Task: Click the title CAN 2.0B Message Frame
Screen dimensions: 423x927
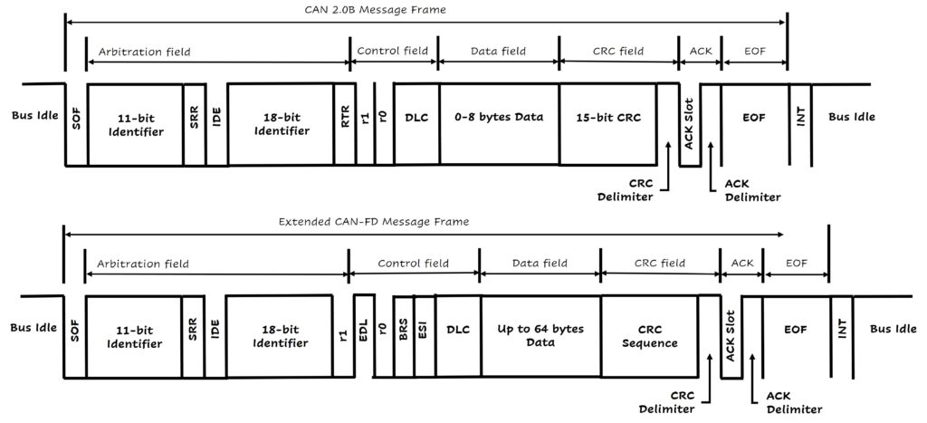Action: point(425,9)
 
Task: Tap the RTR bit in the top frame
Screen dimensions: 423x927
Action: point(346,125)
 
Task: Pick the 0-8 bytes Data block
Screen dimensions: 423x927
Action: point(499,119)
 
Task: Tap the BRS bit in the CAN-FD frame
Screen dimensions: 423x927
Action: point(404,334)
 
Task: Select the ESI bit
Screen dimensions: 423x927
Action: point(423,334)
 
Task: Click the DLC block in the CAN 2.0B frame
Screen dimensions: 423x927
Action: point(416,119)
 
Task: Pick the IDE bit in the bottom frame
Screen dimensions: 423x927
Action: point(215,335)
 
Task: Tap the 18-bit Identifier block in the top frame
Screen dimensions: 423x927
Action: point(281,125)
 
